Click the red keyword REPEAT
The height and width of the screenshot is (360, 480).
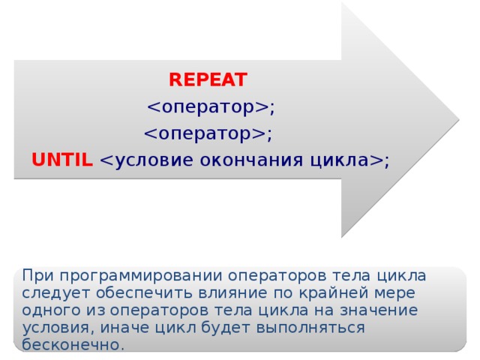click(x=208, y=80)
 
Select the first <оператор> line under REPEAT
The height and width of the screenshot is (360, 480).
click(x=211, y=107)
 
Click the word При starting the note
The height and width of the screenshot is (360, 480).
click(x=37, y=274)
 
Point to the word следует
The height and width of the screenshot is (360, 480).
click(x=53, y=292)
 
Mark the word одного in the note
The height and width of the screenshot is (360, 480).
click(x=46, y=310)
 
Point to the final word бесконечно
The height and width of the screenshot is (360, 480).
click(x=72, y=345)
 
